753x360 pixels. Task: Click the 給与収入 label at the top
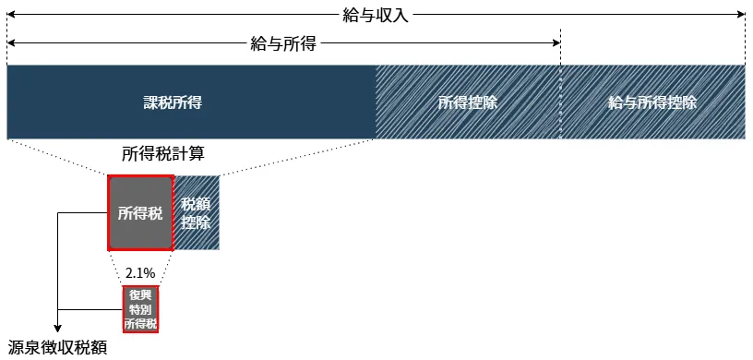coord(376,14)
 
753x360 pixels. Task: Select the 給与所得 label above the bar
coord(283,42)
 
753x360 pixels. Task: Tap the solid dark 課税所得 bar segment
coord(191,102)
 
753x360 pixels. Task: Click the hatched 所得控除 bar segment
coord(468,102)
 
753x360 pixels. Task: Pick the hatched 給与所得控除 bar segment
coord(652,102)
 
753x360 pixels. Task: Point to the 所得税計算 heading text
coord(163,153)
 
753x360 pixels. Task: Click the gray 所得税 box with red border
coord(140,212)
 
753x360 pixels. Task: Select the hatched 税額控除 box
coord(196,212)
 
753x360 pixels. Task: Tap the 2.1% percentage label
coord(140,272)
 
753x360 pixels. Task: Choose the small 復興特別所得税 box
coord(140,309)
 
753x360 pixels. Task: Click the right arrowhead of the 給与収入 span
coord(741,14)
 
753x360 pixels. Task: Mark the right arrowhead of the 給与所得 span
coord(556,42)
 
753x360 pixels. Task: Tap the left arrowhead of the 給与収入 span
coord(11,14)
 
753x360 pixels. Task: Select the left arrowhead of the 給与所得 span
coord(11,42)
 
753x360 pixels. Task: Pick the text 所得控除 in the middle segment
coord(468,102)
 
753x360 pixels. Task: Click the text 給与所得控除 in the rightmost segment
coord(652,102)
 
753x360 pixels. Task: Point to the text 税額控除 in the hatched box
coord(196,213)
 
